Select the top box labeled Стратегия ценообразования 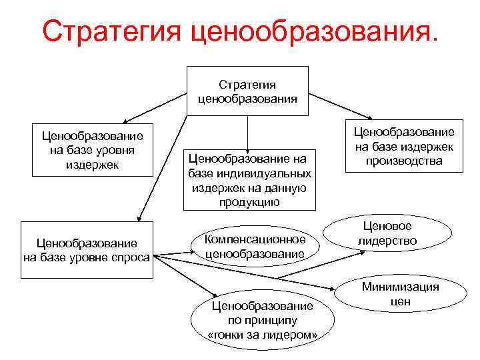click(247, 91)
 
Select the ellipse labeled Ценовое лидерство click(387, 234)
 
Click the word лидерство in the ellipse click(387, 241)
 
